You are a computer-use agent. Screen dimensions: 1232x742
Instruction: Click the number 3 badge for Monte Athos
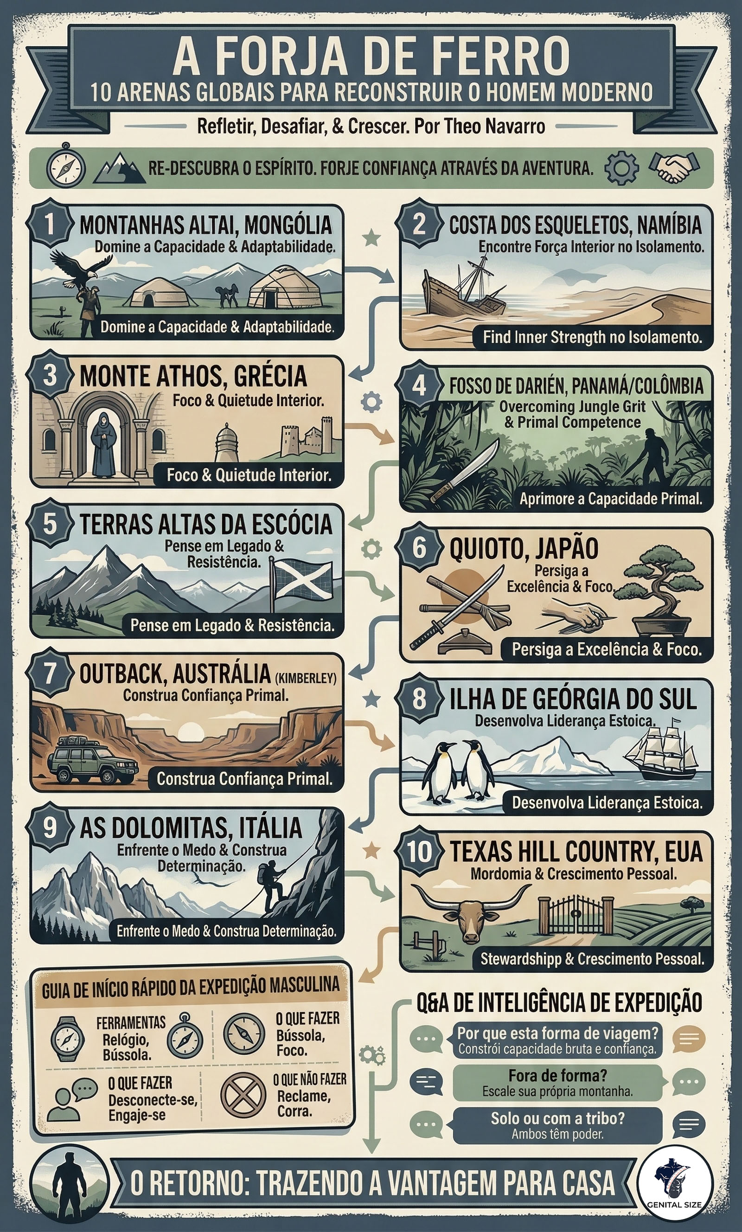[x=50, y=375]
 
